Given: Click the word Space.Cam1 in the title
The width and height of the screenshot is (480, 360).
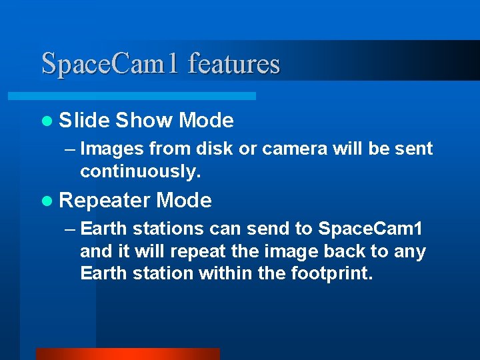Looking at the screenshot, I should tap(111, 64).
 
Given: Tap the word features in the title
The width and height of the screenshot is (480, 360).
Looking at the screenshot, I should tap(234, 64).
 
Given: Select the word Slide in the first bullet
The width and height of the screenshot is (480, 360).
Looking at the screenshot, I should tap(84, 121).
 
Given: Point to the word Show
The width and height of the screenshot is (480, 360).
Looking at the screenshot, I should tap(143, 121).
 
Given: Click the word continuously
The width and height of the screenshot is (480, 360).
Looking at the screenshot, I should tap(140, 171).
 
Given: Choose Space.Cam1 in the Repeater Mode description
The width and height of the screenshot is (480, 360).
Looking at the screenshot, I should tap(370, 229).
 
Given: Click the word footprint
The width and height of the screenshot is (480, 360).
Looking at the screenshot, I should tap(327, 274).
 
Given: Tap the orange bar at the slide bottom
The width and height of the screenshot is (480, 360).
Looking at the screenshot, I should tap(127, 354).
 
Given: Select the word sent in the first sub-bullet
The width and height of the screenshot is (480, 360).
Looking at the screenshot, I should tap(415, 149).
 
